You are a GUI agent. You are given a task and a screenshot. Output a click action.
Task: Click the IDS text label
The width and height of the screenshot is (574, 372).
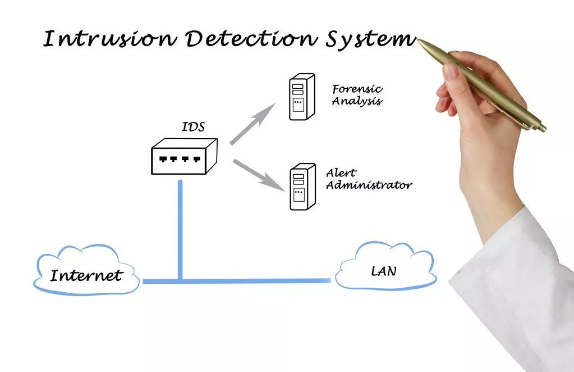coord(193,127)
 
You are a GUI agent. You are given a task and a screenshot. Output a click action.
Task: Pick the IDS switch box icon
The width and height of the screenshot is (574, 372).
coord(183,157)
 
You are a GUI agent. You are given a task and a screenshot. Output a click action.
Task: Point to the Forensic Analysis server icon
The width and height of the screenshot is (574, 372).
coord(301,97)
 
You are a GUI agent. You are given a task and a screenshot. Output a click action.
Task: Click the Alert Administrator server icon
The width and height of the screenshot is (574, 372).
coord(302,187)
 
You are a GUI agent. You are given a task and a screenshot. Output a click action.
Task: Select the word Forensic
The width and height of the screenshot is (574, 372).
coord(357,89)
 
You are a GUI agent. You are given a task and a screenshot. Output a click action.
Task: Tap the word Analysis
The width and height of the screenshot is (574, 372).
coord(357,102)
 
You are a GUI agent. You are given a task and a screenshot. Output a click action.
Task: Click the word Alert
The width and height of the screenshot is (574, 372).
coord(341,173)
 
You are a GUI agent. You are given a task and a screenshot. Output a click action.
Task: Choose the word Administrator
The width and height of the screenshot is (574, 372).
coord(369,185)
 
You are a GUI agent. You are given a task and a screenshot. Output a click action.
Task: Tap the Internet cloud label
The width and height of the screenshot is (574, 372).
coord(86,276)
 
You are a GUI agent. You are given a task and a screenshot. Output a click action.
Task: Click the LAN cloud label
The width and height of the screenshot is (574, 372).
coord(383,271)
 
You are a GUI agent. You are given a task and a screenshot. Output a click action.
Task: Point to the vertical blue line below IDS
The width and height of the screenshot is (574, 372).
coord(180,225)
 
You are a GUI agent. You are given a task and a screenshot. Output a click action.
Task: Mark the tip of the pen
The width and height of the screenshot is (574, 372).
coord(419,40)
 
